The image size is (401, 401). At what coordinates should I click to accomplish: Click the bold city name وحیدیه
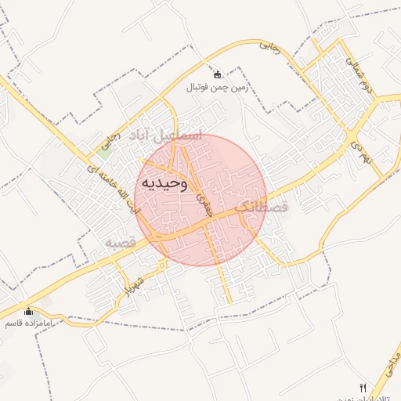(164, 183)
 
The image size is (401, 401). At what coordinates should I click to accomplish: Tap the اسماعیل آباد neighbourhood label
(165, 135)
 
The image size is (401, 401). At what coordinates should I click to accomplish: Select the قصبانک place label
(262, 208)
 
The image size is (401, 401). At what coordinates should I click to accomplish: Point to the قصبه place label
(121, 244)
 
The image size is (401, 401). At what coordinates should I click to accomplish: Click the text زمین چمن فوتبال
(217, 88)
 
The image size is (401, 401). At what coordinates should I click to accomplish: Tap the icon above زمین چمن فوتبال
(217, 74)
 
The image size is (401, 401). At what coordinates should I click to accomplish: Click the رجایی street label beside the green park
(111, 141)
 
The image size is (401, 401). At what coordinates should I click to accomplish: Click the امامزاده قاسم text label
(29, 323)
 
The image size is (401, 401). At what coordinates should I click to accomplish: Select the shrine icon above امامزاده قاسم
(29, 311)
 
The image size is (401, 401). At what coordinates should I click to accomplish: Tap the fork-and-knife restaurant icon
(362, 388)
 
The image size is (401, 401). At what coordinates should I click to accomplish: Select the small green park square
(104, 151)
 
